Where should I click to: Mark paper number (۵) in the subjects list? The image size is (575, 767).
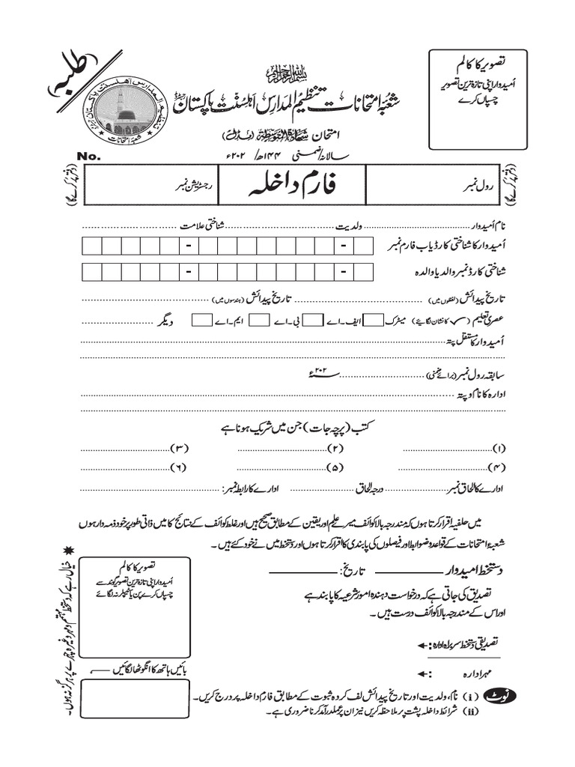[335, 468]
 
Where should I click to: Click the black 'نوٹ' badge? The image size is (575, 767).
[498, 694]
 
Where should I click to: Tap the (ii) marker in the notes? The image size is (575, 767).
[472, 711]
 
